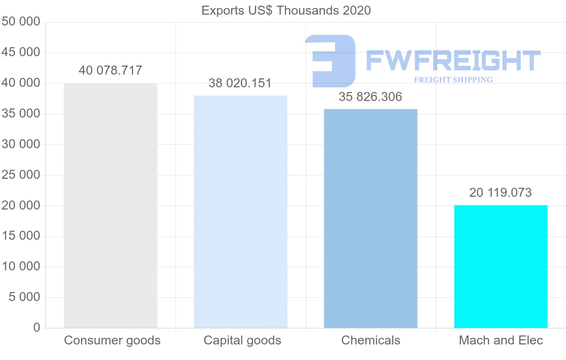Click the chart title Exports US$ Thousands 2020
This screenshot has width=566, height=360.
(x=286, y=10)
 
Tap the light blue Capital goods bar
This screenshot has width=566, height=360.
(x=241, y=212)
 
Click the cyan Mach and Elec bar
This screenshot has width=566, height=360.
(x=500, y=267)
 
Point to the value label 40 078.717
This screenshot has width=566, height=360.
(x=110, y=71)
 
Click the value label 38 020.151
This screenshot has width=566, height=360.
(x=240, y=84)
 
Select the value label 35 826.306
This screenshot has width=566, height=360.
(x=370, y=97)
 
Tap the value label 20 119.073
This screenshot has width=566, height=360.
(x=500, y=193)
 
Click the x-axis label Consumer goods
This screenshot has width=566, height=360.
(x=112, y=340)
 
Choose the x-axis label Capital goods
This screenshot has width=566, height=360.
(x=242, y=340)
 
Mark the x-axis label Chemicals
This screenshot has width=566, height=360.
(x=371, y=340)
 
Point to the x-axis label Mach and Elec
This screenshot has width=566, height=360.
(x=501, y=340)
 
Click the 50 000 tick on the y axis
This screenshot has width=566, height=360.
(x=21, y=22)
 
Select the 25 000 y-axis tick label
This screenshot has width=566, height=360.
(x=21, y=175)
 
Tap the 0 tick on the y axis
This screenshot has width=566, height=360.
(x=37, y=328)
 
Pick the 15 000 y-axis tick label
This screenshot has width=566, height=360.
(x=21, y=236)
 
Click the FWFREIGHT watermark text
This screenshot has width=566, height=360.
(x=453, y=61)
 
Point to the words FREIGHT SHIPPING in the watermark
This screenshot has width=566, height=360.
(x=453, y=80)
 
